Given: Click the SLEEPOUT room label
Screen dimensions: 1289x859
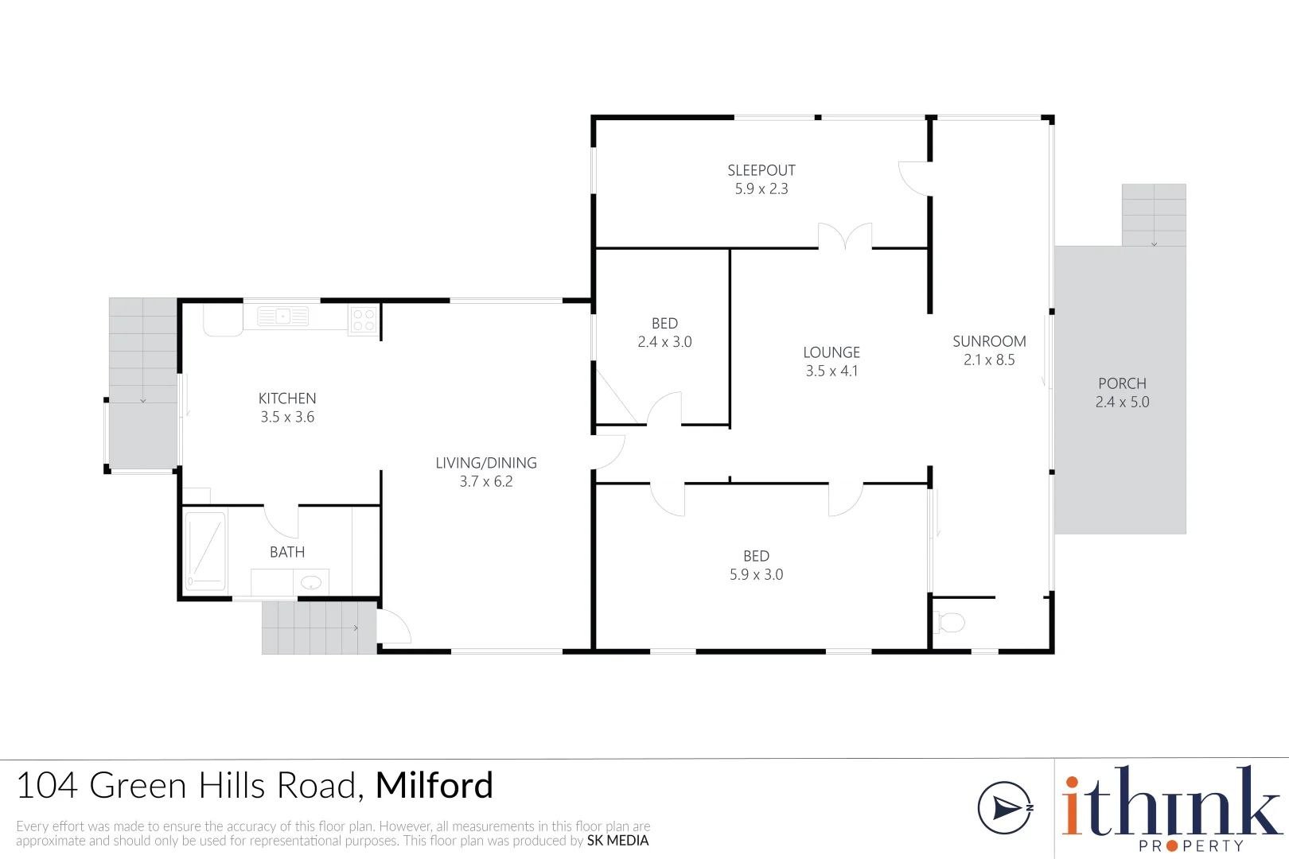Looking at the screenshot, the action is tap(761, 170).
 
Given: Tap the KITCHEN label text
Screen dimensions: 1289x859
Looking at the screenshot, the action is tap(287, 398).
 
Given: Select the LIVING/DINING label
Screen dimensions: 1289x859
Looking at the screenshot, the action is tap(486, 463).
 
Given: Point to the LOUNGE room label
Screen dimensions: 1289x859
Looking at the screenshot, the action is tap(831, 352).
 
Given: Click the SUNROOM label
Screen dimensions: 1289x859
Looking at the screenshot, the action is tap(989, 341).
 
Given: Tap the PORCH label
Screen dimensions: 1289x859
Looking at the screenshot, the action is tap(1122, 383).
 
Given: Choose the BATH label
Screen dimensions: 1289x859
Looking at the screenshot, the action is tap(287, 552).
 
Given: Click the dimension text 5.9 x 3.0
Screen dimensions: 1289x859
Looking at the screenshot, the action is tap(756, 574).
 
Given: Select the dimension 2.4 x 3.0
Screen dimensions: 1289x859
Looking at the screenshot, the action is tap(664, 342).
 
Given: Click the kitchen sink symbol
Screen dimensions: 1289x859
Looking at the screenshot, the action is tap(282, 317).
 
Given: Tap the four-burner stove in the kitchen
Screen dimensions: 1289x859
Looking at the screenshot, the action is tap(364, 320).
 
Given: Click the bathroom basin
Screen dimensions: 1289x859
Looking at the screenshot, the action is tap(311, 582).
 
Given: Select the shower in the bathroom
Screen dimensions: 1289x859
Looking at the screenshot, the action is tap(204, 552).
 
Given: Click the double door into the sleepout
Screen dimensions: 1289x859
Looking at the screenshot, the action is tap(845, 236).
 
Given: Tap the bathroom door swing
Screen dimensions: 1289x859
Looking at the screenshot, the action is tap(282, 522).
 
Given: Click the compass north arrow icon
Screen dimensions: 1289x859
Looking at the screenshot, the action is tap(1005, 808).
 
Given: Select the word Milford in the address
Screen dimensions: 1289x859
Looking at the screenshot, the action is tap(434, 785).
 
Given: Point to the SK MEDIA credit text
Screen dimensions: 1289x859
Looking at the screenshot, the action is tap(617, 841).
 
